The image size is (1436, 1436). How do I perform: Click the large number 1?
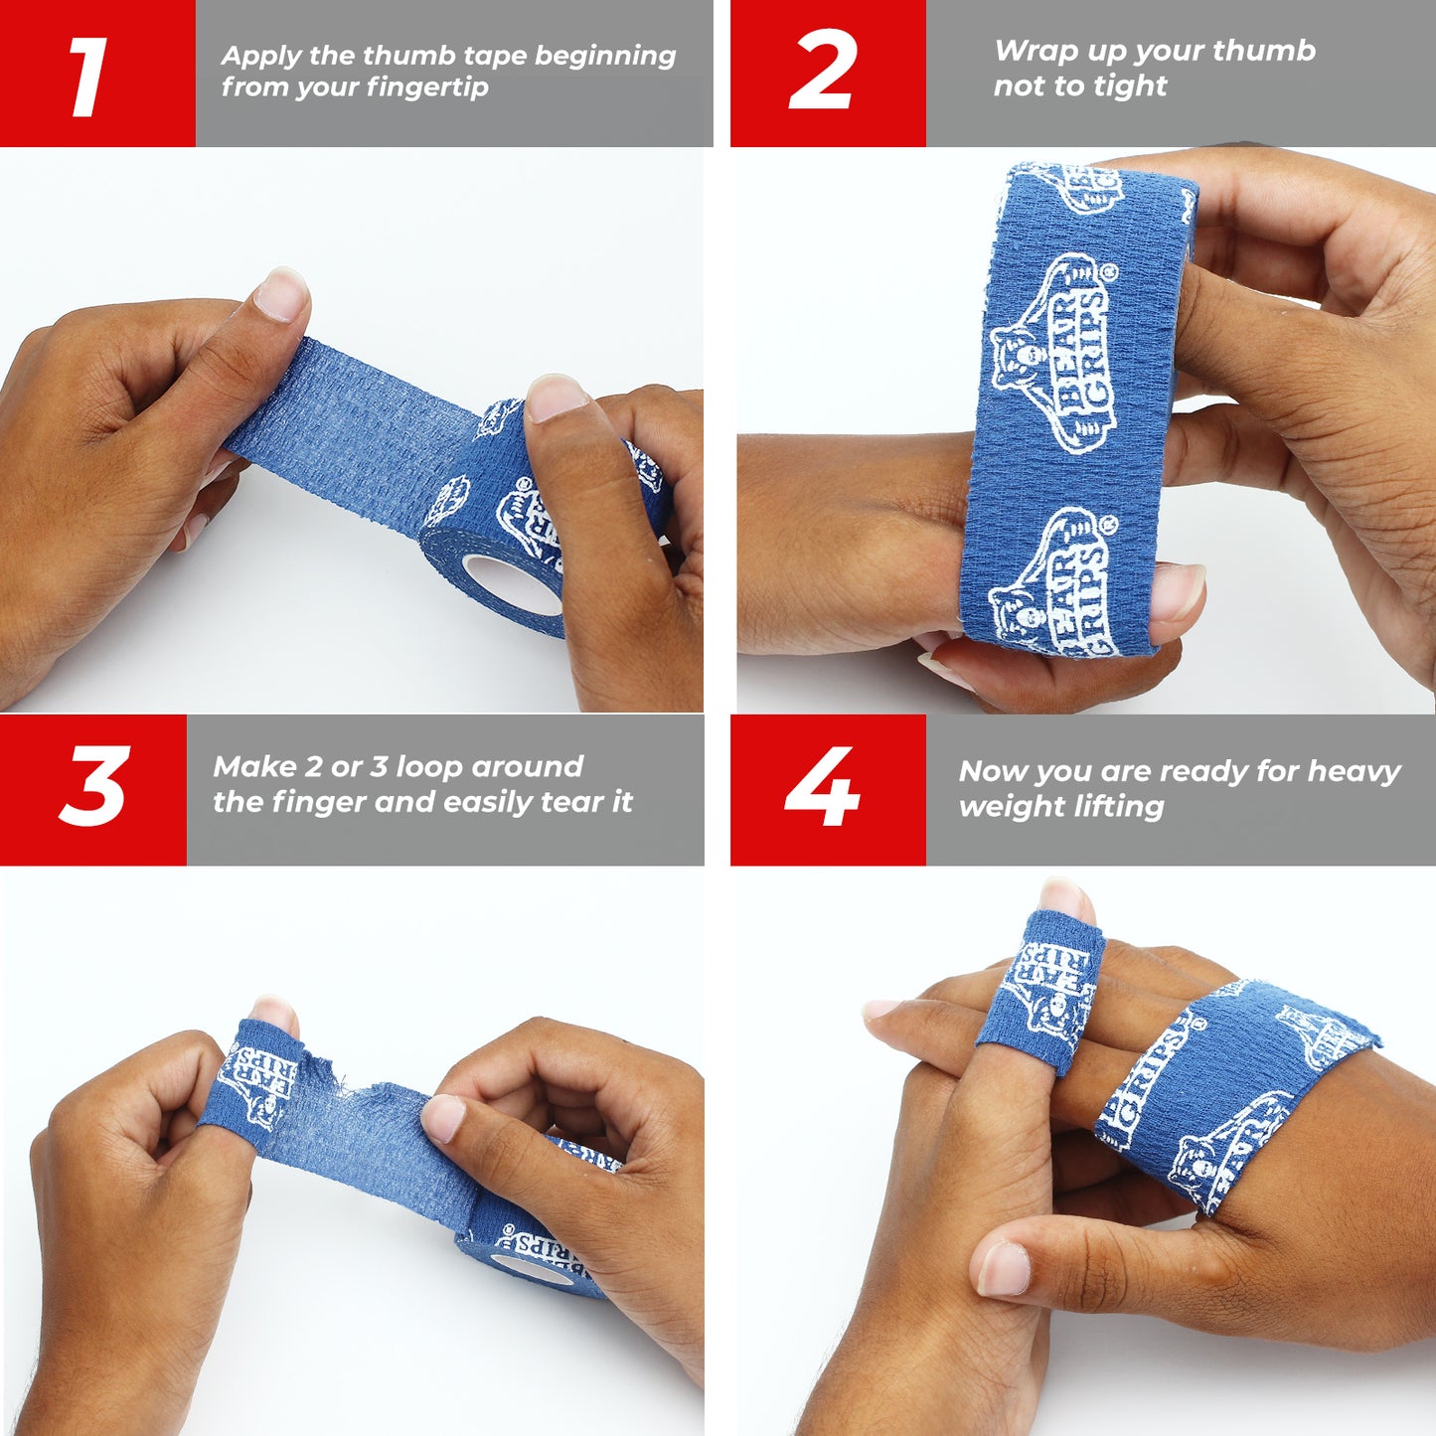pyautogui.click(x=88, y=77)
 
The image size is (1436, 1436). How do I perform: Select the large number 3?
pyautogui.click(x=94, y=785)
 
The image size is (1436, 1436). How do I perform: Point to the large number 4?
pyautogui.click(x=822, y=785)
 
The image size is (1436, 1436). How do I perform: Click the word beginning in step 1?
pyautogui.click(x=604, y=56)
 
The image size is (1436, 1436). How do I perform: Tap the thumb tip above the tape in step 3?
pyautogui.click(x=274, y=1015)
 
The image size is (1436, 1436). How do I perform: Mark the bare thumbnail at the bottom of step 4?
pyautogui.click(x=1003, y=1268)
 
